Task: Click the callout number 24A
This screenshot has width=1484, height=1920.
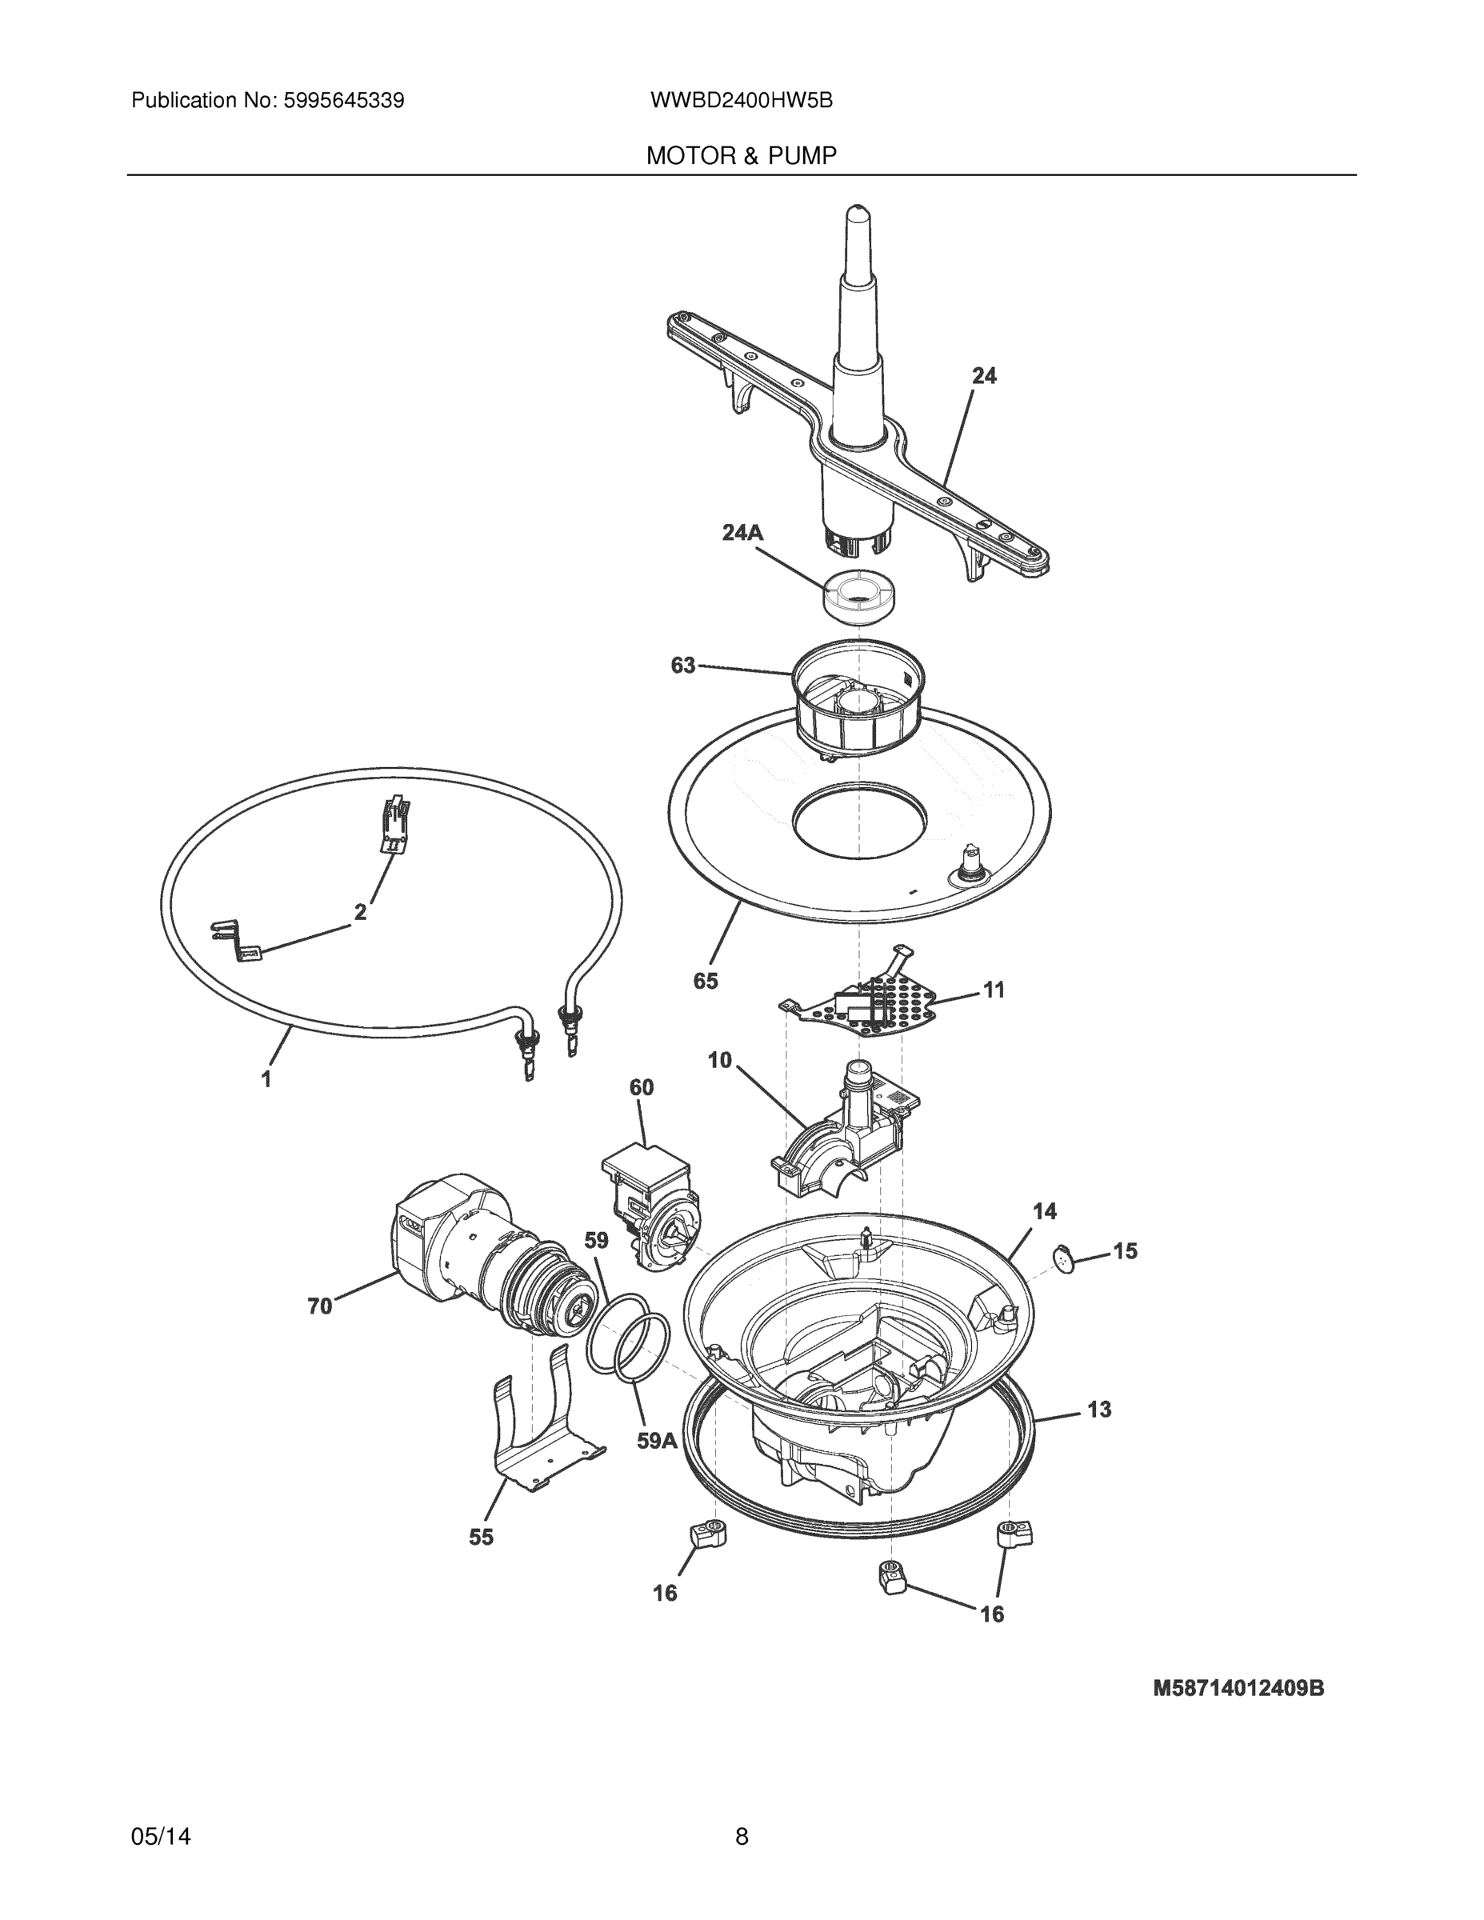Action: pos(742,533)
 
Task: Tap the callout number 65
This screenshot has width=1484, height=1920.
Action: pos(705,981)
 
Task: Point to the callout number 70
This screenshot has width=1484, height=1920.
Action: pos(320,1306)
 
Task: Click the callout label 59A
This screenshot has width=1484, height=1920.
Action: pos(657,1440)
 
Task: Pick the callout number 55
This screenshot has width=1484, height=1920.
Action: pos(481,1537)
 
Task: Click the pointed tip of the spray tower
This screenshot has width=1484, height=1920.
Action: pos(857,215)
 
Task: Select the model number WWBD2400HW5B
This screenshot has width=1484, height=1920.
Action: pos(741,100)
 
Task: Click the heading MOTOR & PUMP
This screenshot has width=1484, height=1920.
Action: pos(741,156)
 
